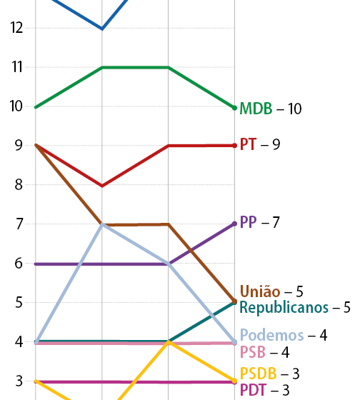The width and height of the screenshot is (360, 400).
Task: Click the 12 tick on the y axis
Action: pyautogui.click(x=17, y=28)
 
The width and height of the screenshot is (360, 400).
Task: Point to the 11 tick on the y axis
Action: pyautogui.click(x=17, y=67)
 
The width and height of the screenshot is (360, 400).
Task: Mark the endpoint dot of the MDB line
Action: pyautogui.click(x=234, y=107)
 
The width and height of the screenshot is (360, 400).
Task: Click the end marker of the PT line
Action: pyautogui.click(x=234, y=146)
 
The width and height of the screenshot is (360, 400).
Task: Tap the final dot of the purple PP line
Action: pyautogui.click(x=234, y=224)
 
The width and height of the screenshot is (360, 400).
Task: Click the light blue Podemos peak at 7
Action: pyautogui.click(x=102, y=224)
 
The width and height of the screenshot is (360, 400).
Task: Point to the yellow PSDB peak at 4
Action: pyautogui.click(x=169, y=342)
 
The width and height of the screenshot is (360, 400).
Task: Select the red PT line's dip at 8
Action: pyautogui.click(x=102, y=186)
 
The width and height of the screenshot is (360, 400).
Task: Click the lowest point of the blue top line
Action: pyautogui.click(x=102, y=29)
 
